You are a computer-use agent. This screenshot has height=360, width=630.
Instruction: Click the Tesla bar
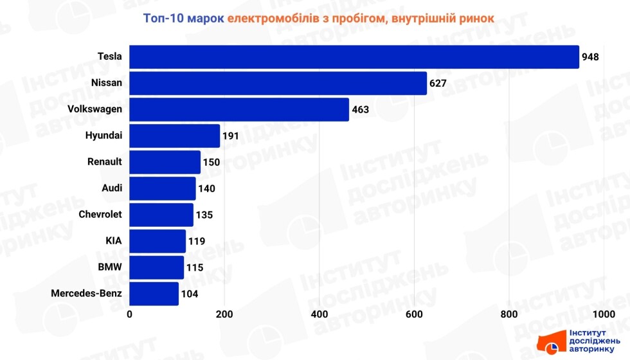354,57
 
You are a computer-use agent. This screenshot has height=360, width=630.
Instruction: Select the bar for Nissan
278,83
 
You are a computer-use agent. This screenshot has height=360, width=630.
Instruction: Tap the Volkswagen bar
239,109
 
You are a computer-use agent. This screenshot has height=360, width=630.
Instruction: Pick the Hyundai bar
174,136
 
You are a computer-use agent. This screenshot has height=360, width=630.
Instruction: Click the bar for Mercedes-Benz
154,294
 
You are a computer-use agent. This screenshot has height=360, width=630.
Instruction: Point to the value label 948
590,57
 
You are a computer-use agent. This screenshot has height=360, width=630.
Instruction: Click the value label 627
438,83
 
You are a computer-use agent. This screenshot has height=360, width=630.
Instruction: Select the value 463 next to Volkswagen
360,109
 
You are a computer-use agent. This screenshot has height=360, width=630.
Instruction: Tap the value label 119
197,241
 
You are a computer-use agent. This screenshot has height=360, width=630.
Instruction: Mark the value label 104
190,294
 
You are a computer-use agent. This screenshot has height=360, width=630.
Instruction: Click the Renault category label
104,161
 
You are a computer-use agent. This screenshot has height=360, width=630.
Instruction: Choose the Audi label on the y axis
112,188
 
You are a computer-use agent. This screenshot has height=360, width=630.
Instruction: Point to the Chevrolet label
100,214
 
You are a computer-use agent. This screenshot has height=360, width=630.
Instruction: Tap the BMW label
110,267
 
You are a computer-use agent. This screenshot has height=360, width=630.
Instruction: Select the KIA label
114,241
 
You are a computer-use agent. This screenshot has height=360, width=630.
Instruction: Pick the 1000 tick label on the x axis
604,314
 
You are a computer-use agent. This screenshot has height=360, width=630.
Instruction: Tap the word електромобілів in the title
278,18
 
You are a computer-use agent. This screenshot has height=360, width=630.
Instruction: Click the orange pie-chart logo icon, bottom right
550,349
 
